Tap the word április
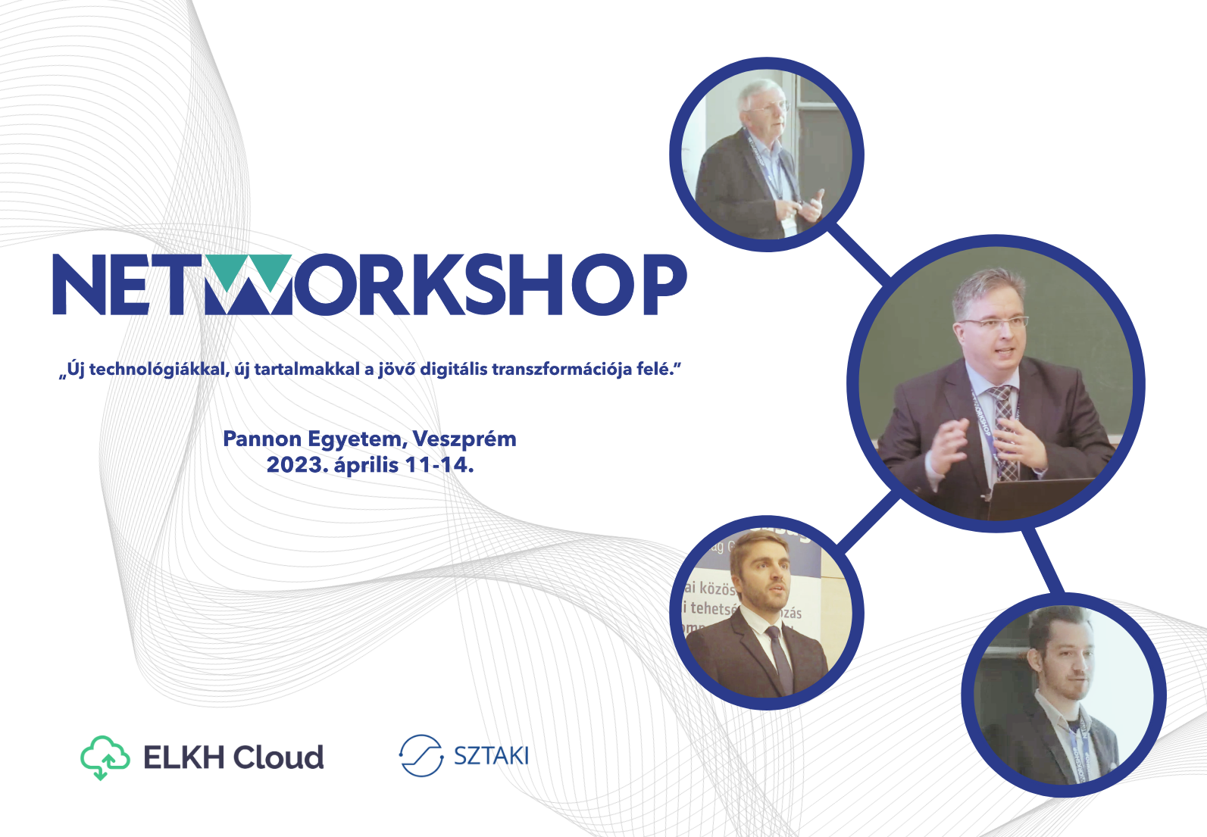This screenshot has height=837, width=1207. [x=366, y=464]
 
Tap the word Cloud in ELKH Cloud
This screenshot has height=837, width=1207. [x=278, y=757]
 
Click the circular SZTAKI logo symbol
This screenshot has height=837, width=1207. [x=421, y=755]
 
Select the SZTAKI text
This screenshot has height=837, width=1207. [x=491, y=755]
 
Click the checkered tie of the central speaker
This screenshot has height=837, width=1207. [x=1004, y=432]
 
